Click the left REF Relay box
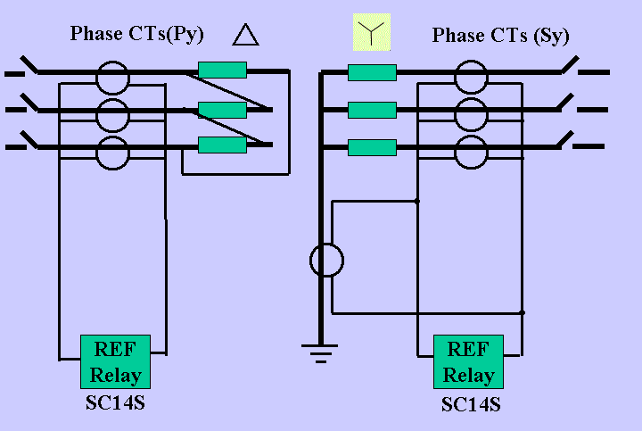(x=115, y=361)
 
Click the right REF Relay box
(x=468, y=361)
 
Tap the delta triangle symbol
(x=245, y=35)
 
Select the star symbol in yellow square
(x=372, y=32)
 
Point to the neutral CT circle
(x=326, y=261)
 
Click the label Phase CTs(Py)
(x=137, y=35)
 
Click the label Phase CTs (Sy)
(x=500, y=36)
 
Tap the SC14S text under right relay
(x=471, y=404)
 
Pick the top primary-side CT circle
(x=113, y=77)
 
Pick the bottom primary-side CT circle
(x=113, y=153)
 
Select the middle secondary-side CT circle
(x=472, y=114)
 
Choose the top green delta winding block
(x=222, y=70)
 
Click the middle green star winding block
(x=372, y=110)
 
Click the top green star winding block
(x=372, y=72)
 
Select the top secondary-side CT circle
(x=472, y=77)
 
